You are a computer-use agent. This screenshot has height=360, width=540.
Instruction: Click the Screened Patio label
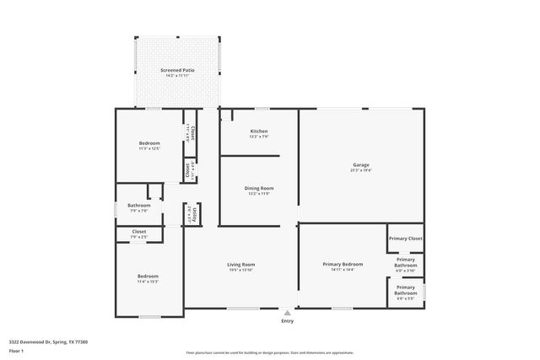point(177,70)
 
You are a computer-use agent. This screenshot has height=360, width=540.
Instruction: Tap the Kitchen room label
point(259,132)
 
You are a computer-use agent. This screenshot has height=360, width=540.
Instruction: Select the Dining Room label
point(260,188)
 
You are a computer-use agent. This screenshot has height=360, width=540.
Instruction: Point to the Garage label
point(361,164)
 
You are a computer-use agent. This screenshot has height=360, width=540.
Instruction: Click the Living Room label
point(241,265)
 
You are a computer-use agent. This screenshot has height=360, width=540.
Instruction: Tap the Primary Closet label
point(405,239)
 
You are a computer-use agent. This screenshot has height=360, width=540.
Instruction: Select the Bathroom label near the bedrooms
point(139,206)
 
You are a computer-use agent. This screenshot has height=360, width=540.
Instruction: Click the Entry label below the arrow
point(288,321)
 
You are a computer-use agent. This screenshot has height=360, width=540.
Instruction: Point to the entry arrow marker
point(288,311)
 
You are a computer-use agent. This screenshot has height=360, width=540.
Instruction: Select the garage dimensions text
point(361,169)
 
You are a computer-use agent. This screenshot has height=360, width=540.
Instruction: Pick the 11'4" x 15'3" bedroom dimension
point(148,282)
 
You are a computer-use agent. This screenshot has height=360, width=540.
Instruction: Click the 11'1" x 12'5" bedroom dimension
point(149,148)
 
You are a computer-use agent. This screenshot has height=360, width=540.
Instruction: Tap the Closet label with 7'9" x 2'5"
point(139,231)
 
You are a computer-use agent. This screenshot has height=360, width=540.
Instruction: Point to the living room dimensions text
point(241,270)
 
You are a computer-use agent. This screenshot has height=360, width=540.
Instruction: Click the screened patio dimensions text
point(177,76)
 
